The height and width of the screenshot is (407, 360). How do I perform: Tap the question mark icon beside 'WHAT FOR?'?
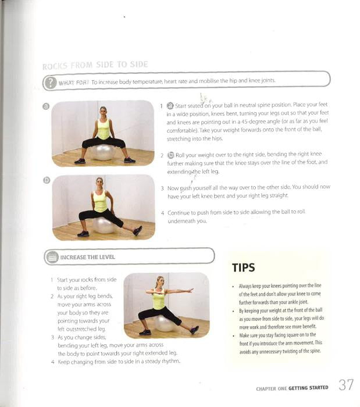point(50,83)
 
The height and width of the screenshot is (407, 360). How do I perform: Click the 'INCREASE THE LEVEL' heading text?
point(88,256)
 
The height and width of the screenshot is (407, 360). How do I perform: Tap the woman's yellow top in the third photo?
point(159,300)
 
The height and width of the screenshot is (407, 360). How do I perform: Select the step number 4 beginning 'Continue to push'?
point(162,213)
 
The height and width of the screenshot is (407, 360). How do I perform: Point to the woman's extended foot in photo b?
point(137,231)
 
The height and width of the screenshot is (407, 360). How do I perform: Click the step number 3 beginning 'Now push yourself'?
point(162,188)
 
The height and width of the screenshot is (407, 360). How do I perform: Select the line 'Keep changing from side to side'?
point(119,362)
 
